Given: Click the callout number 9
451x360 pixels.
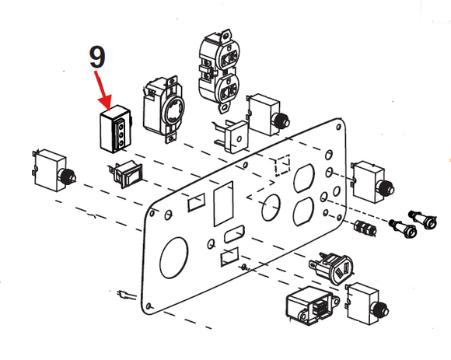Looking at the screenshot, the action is click(x=97, y=57).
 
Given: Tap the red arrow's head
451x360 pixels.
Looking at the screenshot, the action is click(x=106, y=103).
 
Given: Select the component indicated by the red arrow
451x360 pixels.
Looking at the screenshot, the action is click(x=116, y=129).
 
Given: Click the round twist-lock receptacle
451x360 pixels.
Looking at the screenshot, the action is click(x=160, y=110).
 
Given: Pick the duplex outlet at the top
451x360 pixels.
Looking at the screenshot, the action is click(x=219, y=70).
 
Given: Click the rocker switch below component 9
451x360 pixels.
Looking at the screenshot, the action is click(x=126, y=173).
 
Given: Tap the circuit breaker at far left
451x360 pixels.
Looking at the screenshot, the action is click(x=54, y=171).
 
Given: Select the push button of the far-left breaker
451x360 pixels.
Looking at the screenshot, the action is click(x=68, y=177).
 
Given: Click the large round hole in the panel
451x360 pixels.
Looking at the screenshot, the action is click(x=173, y=258).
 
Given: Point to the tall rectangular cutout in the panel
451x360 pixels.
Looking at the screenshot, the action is click(x=223, y=203).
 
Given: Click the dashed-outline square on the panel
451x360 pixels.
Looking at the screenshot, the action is click(x=282, y=165).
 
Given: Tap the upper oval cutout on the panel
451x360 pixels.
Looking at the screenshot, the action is click(x=304, y=178).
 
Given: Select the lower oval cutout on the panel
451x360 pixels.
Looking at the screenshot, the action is click(x=303, y=211).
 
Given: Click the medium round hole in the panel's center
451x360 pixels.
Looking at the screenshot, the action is click(x=271, y=208).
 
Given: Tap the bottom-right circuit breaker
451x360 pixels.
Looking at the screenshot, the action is click(x=367, y=304).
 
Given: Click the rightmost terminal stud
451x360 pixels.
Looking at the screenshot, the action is click(x=423, y=219).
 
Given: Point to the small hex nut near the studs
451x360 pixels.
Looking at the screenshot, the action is click(x=365, y=228).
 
